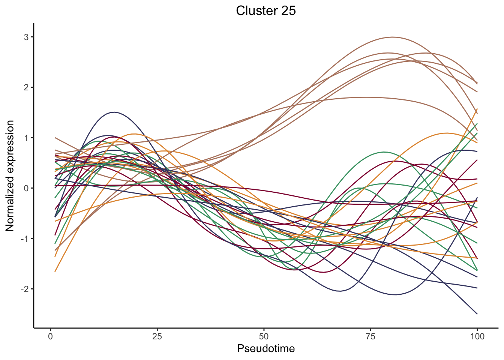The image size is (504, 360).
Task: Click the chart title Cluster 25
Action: pyautogui.click(x=265, y=10)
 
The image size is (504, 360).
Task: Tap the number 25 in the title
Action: pyautogui.click(x=287, y=10)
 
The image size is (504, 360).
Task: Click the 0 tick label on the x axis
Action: pyautogui.click(x=51, y=336)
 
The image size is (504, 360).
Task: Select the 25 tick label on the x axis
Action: pyautogui.click(x=157, y=336)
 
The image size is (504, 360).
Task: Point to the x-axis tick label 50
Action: pyautogui.click(x=264, y=336)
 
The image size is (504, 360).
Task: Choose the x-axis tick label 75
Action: pyautogui.click(x=370, y=336)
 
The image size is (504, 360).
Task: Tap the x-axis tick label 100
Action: pyautogui.click(x=477, y=336)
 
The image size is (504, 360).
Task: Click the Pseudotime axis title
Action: pyautogui.click(x=265, y=349)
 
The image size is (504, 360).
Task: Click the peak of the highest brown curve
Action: pyautogui.click(x=392, y=37)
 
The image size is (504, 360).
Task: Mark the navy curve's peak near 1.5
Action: pyautogui.click(x=114, y=112)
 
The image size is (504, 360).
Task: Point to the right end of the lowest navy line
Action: pyautogui.click(x=477, y=314)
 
